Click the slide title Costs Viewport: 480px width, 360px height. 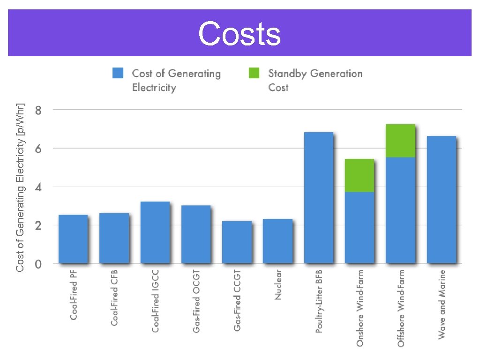coord(240,34)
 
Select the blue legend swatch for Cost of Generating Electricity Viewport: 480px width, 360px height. coord(118,74)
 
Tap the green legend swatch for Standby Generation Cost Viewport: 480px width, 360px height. coord(254,74)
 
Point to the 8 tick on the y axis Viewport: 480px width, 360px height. coord(38,111)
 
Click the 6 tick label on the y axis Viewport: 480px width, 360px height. coord(38,149)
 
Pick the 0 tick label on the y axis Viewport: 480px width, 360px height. coord(38,264)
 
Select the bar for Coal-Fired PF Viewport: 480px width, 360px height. coord(73,239)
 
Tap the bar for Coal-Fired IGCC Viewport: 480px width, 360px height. coord(155,232)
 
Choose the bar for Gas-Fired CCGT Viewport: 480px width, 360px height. coord(237,242)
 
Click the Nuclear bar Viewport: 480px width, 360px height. coord(277,241)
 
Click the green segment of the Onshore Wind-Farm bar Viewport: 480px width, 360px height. coord(360,176)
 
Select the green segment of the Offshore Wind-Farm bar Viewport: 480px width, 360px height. coord(401,141)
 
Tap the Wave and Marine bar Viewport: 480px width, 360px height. coord(442,200)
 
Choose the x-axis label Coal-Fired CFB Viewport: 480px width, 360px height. coord(114,298)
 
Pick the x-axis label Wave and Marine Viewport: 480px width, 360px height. coord(442,304)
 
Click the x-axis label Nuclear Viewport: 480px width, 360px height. coord(278,285)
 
